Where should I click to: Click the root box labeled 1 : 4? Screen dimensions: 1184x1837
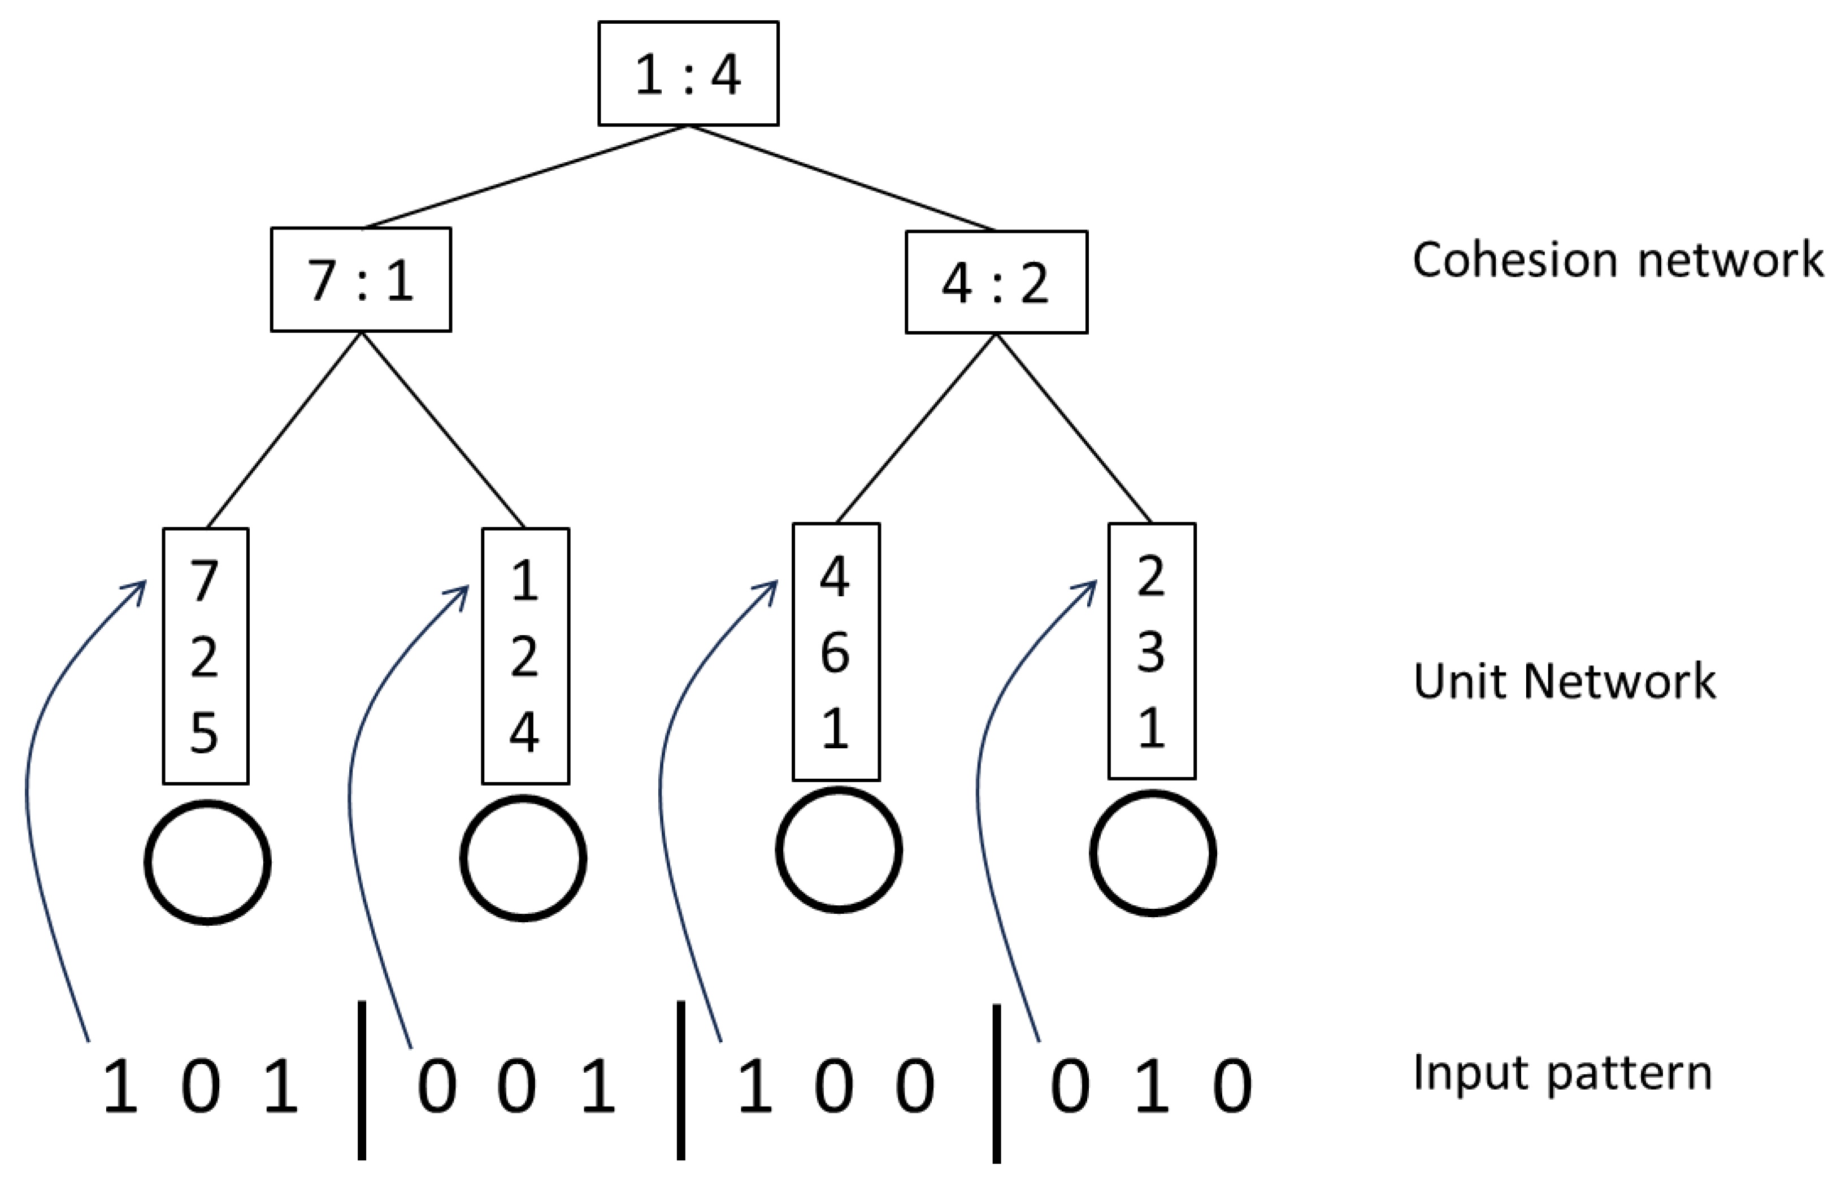688,74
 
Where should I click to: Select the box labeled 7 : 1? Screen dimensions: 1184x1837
361,280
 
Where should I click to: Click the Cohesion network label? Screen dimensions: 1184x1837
1617,260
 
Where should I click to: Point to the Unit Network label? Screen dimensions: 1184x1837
1564,681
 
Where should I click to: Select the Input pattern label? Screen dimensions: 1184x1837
1562,1073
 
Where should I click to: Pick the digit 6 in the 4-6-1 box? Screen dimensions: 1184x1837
836,653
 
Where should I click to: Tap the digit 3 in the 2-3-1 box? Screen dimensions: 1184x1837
1150,652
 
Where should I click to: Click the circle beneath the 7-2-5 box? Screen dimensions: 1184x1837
207,862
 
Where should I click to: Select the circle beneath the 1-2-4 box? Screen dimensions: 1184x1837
523,858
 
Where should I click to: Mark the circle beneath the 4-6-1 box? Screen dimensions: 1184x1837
839,851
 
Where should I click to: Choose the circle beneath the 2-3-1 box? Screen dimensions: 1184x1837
1153,853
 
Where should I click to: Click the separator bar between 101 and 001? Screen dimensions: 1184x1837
361,1079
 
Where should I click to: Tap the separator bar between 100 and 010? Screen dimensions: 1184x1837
996,1082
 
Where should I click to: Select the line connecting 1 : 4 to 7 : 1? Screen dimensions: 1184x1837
525,177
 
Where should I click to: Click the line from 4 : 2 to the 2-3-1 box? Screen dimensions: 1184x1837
1073,428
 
